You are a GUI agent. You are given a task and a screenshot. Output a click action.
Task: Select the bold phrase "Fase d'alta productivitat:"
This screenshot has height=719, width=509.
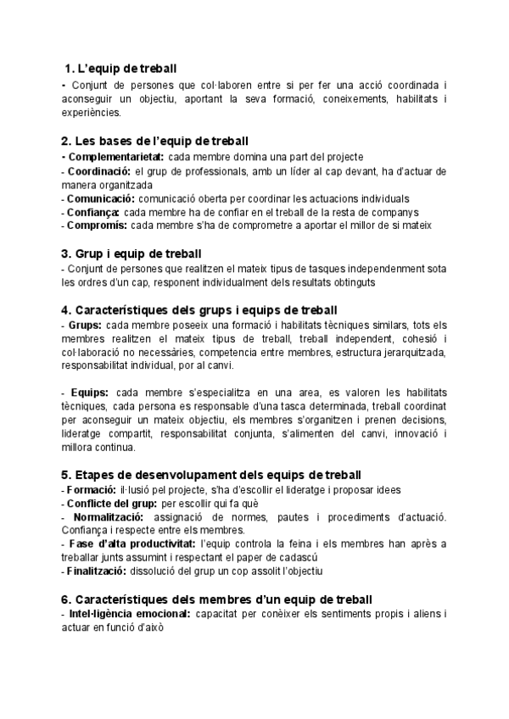tap(134, 543)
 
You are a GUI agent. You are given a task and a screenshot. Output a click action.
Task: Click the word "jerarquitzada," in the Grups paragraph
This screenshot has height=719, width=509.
tap(411, 352)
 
